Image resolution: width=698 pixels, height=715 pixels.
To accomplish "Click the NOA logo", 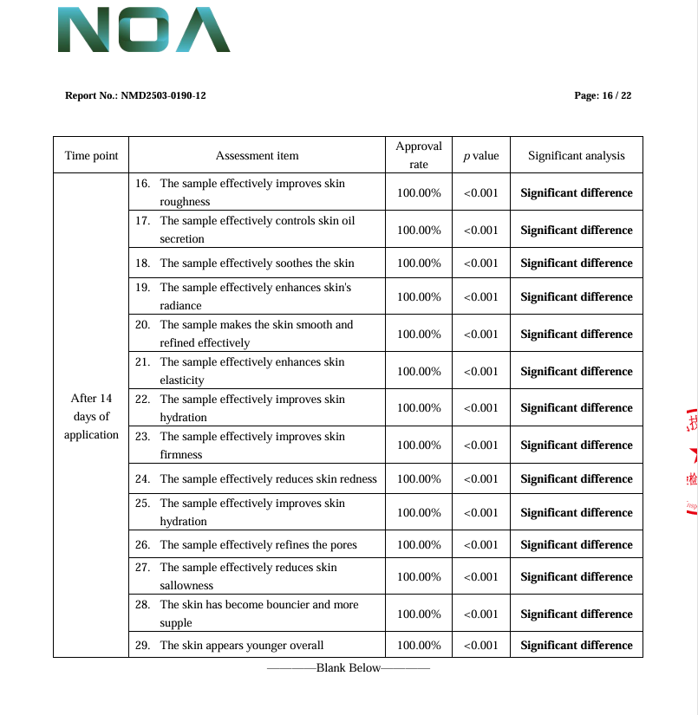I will [143, 30].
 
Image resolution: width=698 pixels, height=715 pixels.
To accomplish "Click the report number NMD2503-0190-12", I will [135, 95].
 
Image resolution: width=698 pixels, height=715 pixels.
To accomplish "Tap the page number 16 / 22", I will [603, 95].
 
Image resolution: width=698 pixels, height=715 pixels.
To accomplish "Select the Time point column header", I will [91, 156].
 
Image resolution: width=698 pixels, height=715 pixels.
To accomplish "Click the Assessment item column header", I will [257, 156].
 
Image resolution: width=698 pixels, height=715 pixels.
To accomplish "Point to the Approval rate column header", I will [419, 155].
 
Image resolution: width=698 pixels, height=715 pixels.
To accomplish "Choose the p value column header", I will [481, 156].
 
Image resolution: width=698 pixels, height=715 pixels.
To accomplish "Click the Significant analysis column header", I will [576, 156].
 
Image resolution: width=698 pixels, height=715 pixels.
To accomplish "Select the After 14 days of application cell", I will [91, 416].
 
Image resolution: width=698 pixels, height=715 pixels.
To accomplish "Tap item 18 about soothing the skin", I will [257, 263].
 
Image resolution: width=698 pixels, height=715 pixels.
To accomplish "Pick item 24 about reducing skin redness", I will [257, 478].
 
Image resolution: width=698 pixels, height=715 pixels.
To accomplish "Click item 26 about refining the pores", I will [257, 544].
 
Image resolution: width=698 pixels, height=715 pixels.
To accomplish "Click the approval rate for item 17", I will [419, 230].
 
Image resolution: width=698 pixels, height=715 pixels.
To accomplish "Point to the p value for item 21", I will [481, 371].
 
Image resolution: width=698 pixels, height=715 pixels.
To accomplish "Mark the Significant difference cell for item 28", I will [576, 614].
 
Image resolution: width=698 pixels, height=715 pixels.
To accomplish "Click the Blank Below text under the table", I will [348, 668].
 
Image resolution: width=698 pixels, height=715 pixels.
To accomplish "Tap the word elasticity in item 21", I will [182, 380].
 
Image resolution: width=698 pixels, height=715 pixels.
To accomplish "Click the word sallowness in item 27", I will [186, 586].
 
